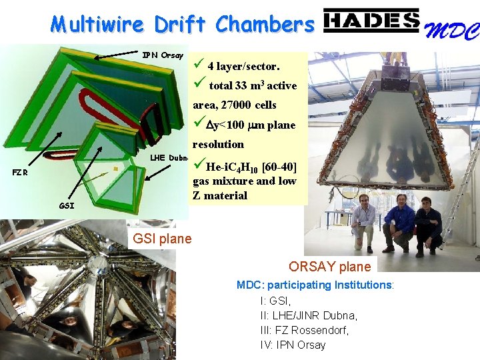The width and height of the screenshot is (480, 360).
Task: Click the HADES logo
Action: [x=371, y=22]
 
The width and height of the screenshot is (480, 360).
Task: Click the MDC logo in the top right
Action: [x=453, y=30]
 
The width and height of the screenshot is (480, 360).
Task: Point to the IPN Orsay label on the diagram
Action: [x=163, y=55]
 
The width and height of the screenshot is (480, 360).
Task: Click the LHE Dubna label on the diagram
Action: [x=170, y=157]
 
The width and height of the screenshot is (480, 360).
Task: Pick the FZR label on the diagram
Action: [x=21, y=172]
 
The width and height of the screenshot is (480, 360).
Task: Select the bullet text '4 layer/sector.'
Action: [x=243, y=66]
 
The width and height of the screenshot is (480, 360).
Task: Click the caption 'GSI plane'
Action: [x=162, y=239]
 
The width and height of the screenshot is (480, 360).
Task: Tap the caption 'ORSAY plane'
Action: [x=329, y=267]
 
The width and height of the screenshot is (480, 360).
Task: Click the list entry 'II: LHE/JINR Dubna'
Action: [x=309, y=315]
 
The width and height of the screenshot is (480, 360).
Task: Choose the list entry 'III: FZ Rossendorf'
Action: [x=304, y=330]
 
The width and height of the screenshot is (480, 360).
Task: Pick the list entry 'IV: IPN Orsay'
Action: [x=293, y=345]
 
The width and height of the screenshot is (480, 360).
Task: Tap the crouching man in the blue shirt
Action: [x=399, y=223]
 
